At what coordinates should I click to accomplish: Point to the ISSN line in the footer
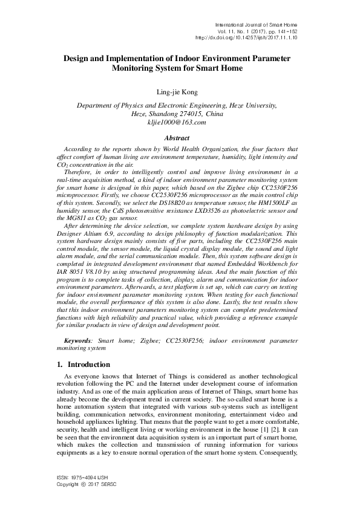coord(78,478)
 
